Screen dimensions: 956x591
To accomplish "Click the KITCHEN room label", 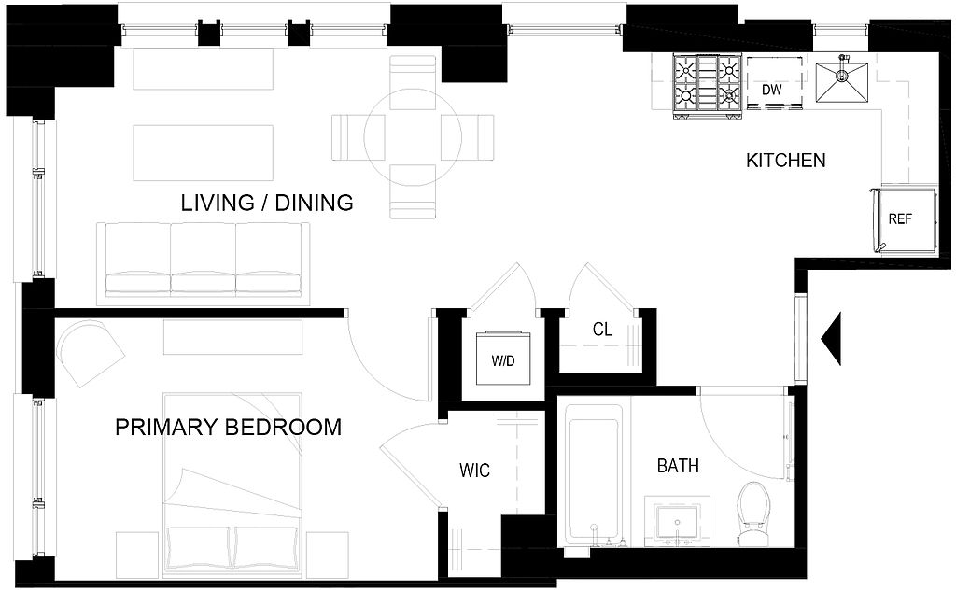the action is click(x=786, y=161).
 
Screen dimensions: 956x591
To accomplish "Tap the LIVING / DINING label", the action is click(x=267, y=203).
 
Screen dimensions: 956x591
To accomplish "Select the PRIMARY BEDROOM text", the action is click(x=228, y=427).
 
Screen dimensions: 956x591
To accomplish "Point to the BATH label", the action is click(x=678, y=466).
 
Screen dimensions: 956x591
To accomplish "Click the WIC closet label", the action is click(x=474, y=471).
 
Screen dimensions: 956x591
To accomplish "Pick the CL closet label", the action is click(x=602, y=330).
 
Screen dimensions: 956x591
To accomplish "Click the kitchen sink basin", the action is click(x=842, y=80).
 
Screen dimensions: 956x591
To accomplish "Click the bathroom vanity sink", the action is click(x=678, y=522).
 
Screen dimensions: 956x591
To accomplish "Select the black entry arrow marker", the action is click(x=832, y=339).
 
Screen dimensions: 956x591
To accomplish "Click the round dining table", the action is click(x=413, y=137).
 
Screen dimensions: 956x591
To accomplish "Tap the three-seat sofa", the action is click(x=203, y=263).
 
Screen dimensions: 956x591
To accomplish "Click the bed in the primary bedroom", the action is click(x=232, y=485).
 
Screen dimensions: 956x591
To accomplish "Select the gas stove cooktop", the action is click(x=708, y=85).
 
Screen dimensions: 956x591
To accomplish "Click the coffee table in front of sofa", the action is click(x=203, y=152).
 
